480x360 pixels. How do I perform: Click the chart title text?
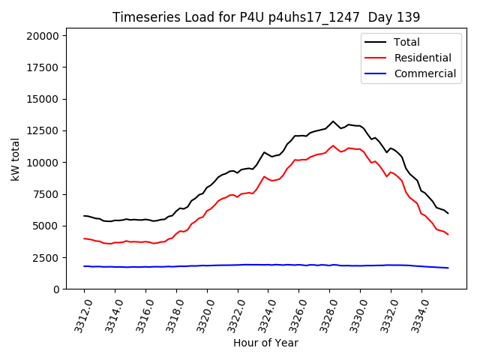click(265, 16)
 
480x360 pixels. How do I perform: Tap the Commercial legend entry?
click(424, 73)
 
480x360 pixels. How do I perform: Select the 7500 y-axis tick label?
click(46, 194)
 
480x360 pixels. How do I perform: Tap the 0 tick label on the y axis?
click(56, 289)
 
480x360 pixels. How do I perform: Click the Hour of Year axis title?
click(265, 343)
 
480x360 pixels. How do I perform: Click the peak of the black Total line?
click(333, 121)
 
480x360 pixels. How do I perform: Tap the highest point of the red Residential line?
click(333, 145)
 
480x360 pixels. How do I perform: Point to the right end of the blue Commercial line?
click(448, 268)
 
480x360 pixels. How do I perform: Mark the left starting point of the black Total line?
click(84, 215)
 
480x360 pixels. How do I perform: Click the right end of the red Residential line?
click(448, 235)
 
